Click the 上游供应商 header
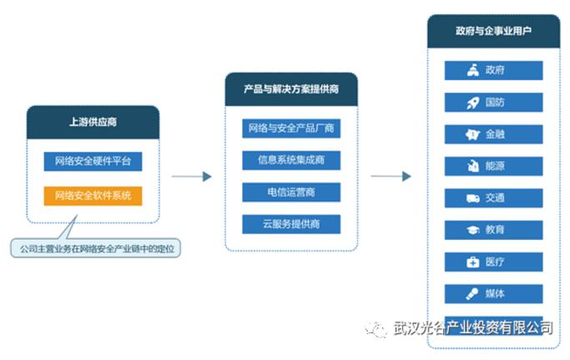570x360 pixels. click(x=93, y=122)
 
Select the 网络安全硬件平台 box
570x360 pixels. click(x=93, y=160)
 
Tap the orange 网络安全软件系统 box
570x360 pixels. click(x=93, y=196)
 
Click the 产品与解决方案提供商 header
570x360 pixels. click(x=290, y=89)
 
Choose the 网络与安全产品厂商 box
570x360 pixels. click(x=290, y=129)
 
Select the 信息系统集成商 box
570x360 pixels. click(x=290, y=160)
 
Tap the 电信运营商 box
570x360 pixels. click(x=290, y=192)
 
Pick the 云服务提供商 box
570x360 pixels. click(x=290, y=224)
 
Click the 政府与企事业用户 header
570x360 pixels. click(x=493, y=31)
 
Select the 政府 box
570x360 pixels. click(x=493, y=70)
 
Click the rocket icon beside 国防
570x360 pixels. click(x=472, y=103)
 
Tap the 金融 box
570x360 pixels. click(x=493, y=134)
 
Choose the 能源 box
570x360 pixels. click(x=493, y=166)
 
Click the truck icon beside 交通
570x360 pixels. click(x=472, y=198)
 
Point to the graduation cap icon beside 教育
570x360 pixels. click(x=472, y=230)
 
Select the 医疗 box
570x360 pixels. click(x=493, y=262)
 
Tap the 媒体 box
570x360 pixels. click(x=493, y=294)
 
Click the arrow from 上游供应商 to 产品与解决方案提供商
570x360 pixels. click(x=191, y=176)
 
